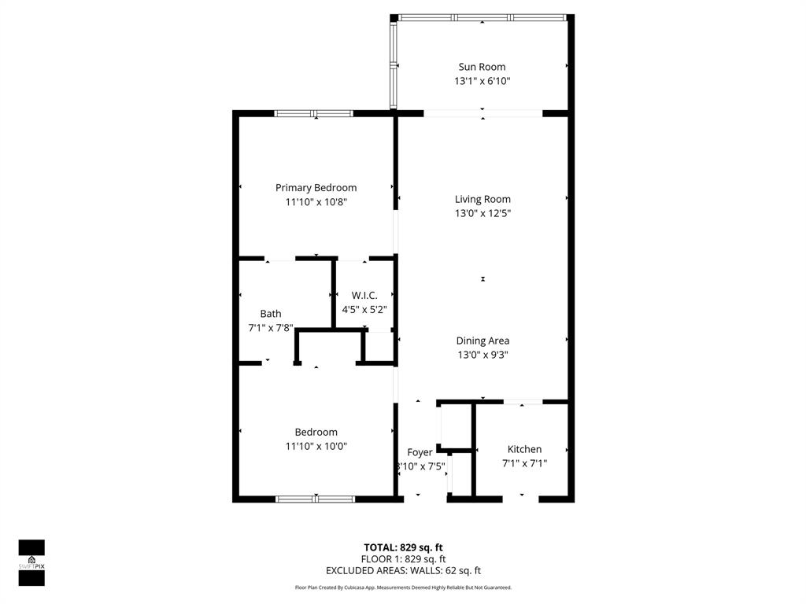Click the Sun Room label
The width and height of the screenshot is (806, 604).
click(x=482, y=67)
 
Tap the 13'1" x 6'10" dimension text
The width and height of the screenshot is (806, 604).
click(x=482, y=81)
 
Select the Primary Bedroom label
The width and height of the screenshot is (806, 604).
click(x=316, y=187)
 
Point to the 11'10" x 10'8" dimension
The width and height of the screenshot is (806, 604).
click(x=316, y=202)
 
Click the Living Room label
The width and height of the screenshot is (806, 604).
click(x=482, y=199)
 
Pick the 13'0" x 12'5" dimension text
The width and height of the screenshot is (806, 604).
click(x=482, y=213)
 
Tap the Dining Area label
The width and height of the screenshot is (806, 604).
click(x=482, y=341)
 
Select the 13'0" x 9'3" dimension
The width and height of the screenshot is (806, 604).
click(x=482, y=355)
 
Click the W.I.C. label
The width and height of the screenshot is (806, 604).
click(x=364, y=295)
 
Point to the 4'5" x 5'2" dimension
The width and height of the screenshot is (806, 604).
click(x=364, y=309)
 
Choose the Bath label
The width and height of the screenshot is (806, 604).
click(x=270, y=313)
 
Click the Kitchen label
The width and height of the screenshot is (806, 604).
click(x=524, y=449)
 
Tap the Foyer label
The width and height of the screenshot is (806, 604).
click(x=420, y=452)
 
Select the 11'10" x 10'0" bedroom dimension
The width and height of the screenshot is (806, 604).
click(x=316, y=446)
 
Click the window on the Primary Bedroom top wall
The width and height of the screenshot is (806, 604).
click(x=313, y=113)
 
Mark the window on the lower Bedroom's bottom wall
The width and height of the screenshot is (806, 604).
click(x=315, y=499)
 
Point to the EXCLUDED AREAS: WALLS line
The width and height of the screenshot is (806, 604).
click(x=403, y=571)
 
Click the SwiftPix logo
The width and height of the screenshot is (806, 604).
click(x=31, y=562)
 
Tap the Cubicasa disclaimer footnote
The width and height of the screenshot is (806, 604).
click(x=403, y=587)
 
